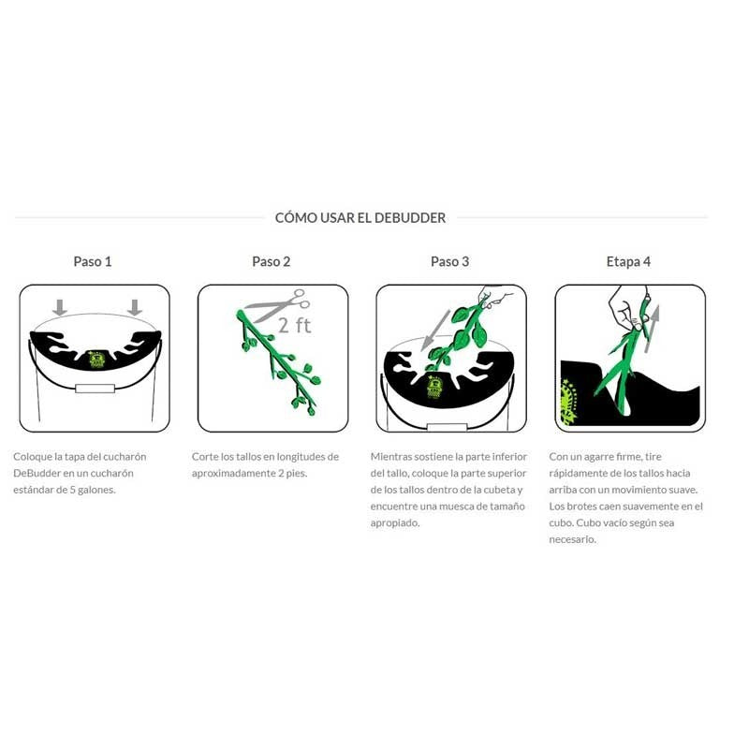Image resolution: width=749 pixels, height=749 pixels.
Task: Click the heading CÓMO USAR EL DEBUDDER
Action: coord(360,218)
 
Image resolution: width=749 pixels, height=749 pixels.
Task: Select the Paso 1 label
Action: coord(93,261)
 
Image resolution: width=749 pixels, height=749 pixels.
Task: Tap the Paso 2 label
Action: coord(272,261)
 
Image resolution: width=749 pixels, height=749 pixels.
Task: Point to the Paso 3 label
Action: coord(450,261)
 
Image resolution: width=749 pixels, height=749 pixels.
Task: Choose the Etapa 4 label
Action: coord(628,261)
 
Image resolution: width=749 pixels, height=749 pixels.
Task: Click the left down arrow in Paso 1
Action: coord(60,308)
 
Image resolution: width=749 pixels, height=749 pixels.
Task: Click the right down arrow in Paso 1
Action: coord(135,308)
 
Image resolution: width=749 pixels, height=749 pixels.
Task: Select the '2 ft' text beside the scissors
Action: coord(295,325)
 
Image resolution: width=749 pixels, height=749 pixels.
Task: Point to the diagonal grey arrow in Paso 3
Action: coord(435,330)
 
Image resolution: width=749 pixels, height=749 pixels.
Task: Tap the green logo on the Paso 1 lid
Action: coord(97,360)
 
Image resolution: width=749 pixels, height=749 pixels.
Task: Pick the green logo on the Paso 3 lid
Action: coord(434,388)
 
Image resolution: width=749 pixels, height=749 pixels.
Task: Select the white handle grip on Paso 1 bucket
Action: coord(95,389)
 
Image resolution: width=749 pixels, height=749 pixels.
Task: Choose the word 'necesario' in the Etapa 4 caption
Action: coord(571,539)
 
